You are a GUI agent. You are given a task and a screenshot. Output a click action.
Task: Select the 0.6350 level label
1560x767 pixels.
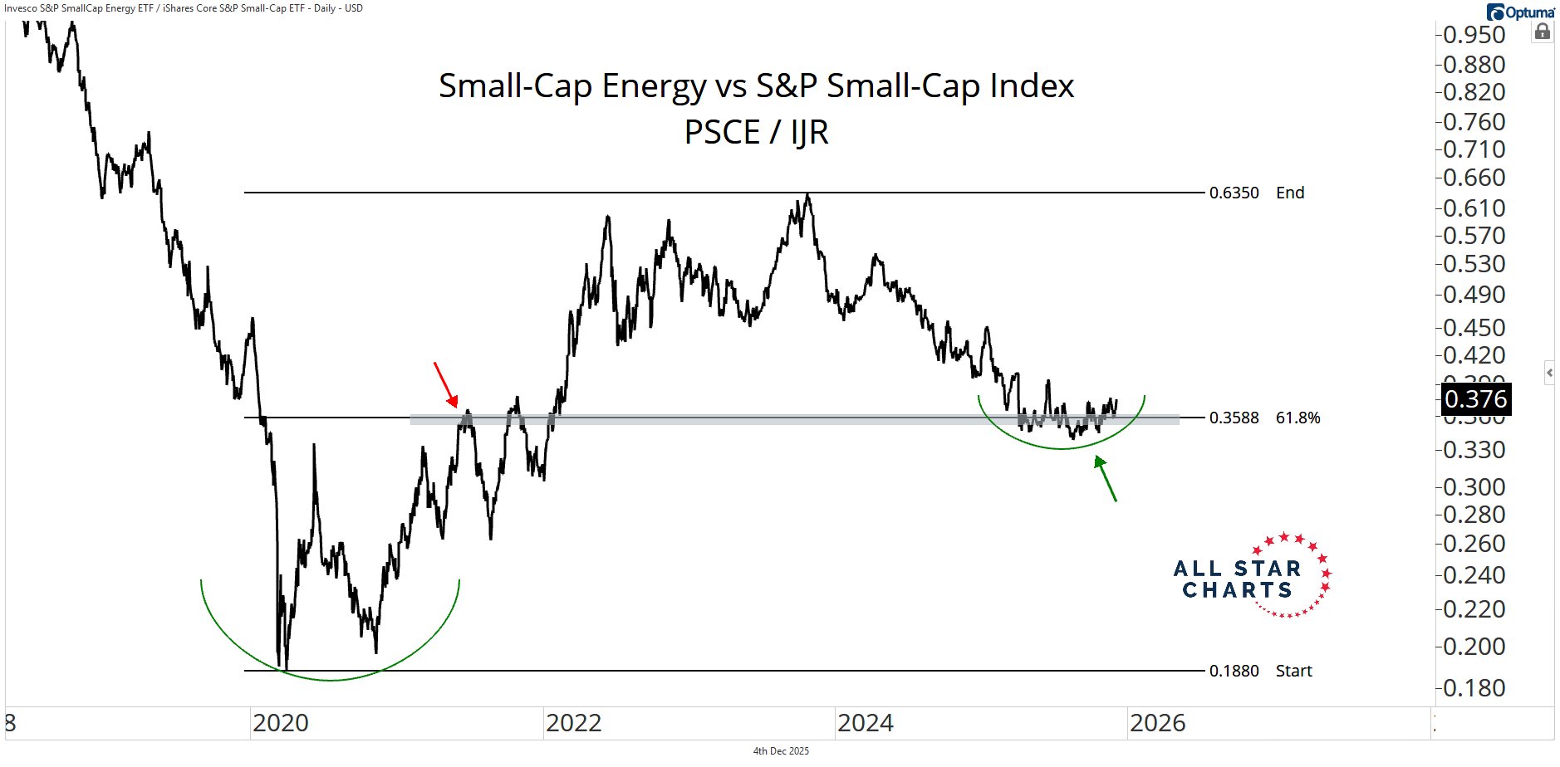click(1234, 193)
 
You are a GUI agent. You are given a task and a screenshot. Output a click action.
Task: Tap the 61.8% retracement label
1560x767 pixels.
click(1298, 418)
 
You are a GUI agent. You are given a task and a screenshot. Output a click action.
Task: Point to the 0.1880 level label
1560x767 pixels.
click(1234, 671)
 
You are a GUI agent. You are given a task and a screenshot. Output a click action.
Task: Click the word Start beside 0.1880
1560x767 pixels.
click(1293, 671)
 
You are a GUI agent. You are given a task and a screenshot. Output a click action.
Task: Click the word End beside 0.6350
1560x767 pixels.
click(1290, 193)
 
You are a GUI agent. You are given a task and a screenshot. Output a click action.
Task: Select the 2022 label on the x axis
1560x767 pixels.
click(573, 723)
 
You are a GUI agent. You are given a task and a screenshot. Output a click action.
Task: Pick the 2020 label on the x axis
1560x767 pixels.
click(281, 723)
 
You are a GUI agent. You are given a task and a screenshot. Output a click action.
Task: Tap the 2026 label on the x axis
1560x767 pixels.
click(1158, 723)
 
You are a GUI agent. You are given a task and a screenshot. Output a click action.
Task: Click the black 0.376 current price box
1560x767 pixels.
click(1475, 399)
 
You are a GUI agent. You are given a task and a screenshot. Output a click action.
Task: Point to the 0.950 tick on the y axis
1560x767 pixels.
click(1474, 35)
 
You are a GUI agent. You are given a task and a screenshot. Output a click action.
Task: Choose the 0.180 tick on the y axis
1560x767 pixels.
click(1474, 688)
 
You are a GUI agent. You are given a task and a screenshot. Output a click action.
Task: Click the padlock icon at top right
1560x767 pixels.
click(1542, 32)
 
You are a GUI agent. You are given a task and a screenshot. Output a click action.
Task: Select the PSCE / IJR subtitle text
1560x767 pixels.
click(756, 132)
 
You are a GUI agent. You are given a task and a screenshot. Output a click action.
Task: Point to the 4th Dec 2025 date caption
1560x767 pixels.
click(781, 751)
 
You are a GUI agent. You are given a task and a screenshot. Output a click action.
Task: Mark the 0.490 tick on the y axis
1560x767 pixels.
click(1474, 295)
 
